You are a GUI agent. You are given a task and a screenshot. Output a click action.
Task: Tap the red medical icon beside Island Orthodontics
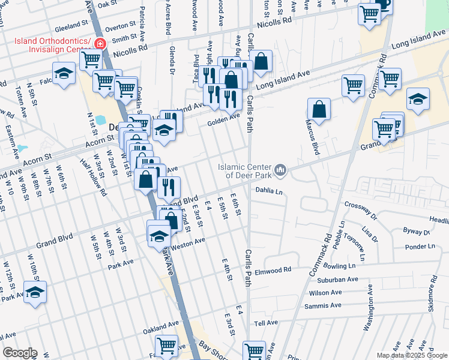(x=98, y=43)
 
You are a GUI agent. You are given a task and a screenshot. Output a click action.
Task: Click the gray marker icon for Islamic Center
(x=280, y=172)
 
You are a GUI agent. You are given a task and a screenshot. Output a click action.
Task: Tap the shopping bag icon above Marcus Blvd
(x=319, y=109)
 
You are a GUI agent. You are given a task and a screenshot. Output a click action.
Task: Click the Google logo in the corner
(x=19, y=353)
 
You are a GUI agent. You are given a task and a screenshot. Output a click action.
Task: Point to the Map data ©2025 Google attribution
(x=411, y=355)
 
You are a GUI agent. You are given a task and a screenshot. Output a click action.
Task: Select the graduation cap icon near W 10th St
(x=35, y=292)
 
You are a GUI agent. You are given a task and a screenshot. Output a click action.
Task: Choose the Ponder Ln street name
(x=420, y=246)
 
